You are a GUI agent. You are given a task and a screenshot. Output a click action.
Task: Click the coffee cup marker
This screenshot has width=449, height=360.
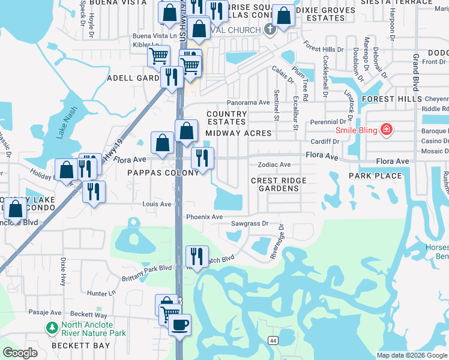point(178,325)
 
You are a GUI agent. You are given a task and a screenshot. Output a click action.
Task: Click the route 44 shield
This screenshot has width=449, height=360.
point(273,340)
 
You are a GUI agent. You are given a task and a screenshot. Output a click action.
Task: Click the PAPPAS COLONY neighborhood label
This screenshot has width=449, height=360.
point(163,173)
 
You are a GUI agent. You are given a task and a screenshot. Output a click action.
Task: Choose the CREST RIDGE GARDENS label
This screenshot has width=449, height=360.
point(279,184)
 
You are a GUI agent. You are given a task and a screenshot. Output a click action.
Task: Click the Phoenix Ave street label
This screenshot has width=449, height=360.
point(204,217)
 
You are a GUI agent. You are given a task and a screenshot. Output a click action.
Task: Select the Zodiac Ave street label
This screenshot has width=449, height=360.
point(274,164)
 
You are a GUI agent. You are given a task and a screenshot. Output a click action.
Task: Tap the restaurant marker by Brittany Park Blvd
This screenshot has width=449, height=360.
point(197,256)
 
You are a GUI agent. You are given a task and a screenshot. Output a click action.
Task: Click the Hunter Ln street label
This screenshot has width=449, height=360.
point(100,293)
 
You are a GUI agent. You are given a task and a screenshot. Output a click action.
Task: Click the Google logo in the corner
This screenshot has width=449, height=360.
point(20,353)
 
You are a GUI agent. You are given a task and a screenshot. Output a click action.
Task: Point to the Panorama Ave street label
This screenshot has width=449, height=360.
point(248,103)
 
